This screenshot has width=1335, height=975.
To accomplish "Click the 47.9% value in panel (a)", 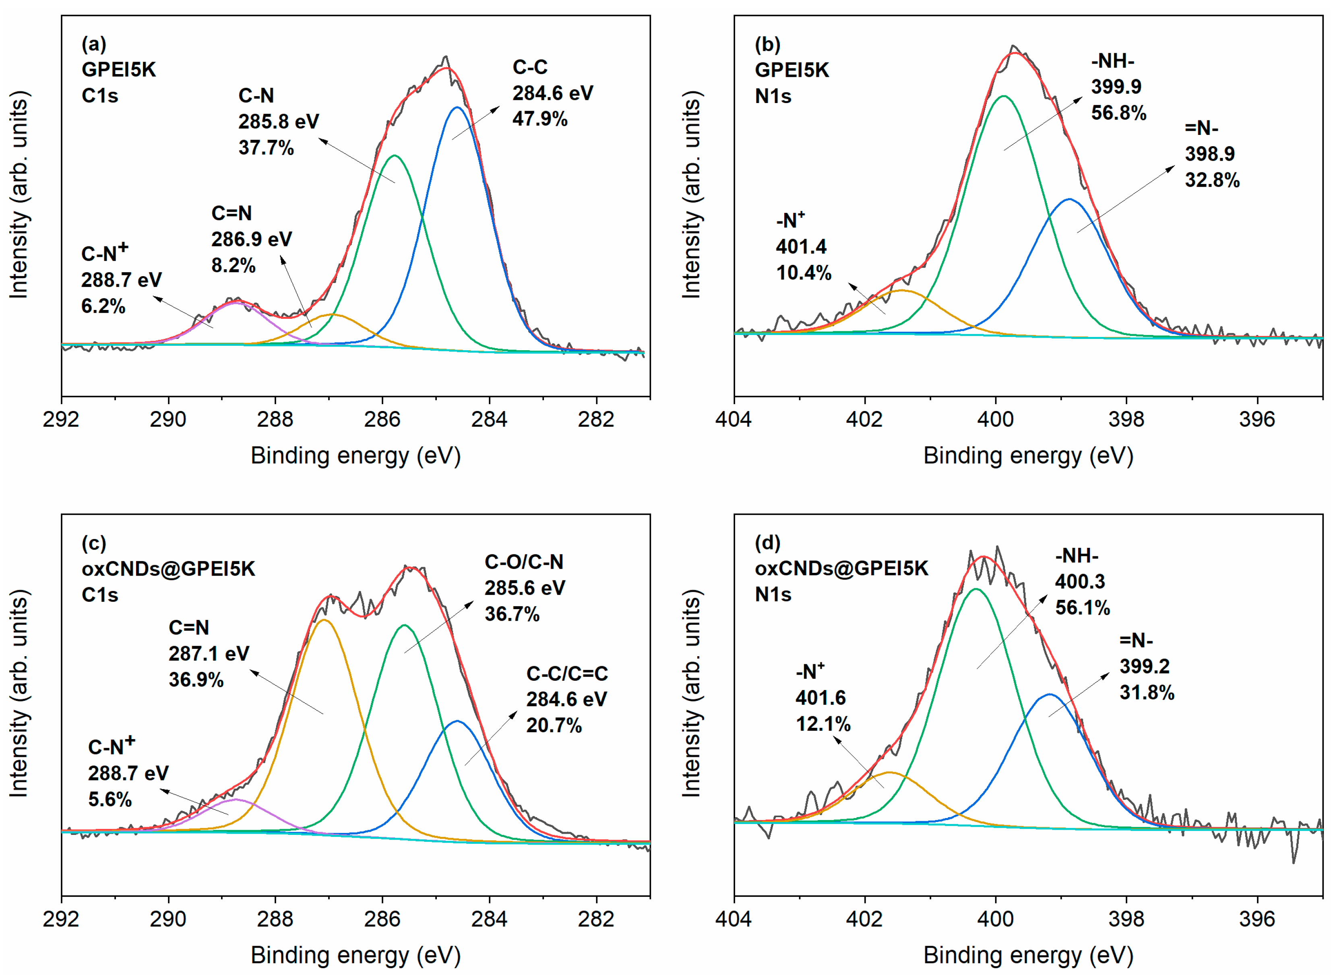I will [539, 119].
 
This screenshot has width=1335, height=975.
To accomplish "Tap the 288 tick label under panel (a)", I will [275, 419].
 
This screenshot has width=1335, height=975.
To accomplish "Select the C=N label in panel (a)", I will [231, 213].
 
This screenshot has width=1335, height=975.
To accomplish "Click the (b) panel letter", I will [767, 44].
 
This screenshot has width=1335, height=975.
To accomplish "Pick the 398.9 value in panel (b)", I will [1209, 154].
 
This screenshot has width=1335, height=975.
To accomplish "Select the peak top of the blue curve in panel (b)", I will [1069, 200].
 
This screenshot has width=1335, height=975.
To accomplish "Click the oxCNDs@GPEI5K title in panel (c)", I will [168, 568].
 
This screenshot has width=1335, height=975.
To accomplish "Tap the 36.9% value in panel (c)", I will [196, 680].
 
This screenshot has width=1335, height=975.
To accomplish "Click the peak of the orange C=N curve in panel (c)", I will [323, 620].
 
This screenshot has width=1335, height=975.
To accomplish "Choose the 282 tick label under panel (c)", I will [596, 919].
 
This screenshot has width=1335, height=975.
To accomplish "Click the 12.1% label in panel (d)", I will [823, 724].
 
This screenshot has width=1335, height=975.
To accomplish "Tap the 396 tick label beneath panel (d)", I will [1257, 919].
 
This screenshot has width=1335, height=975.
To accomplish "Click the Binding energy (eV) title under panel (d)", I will [1028, 955].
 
